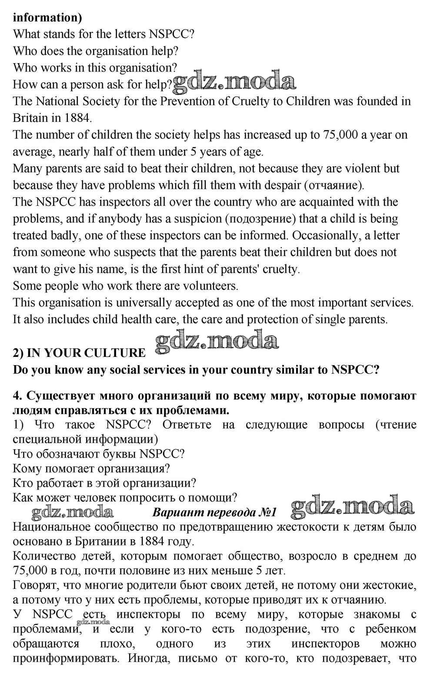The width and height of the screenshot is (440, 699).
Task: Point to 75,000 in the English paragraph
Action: point(339,135)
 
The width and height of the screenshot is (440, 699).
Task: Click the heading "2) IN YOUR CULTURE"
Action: point(80,353)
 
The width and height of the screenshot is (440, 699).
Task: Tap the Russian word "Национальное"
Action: point(54,527)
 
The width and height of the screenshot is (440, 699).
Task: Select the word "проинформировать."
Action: point(66,658)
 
